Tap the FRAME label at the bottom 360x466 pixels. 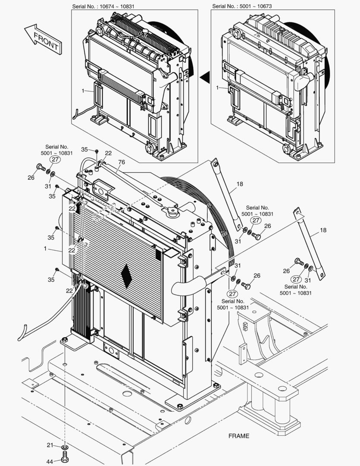point(238,436)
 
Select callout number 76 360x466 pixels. point(121,162)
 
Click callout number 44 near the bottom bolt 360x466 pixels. point(50,461)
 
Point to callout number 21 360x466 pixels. point(50,445)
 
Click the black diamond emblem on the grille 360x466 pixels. point(127,275)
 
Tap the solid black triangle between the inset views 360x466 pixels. point(205,77)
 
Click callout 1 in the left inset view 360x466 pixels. point(82,91)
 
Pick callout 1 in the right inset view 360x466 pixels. point(218,88)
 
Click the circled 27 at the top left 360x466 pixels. point(55,159)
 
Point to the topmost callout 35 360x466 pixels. point(85,150)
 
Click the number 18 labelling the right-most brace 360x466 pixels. point(323,230)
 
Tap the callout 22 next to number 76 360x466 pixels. point(108,153)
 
